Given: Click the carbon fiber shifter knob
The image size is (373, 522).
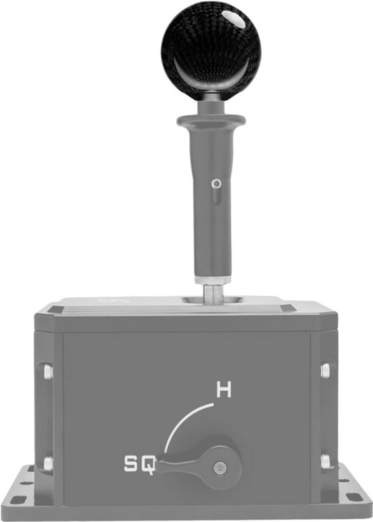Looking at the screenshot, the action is coord(211,47).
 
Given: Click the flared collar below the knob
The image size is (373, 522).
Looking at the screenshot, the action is coord(212,120).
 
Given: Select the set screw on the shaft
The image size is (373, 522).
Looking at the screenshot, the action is coord(216,183).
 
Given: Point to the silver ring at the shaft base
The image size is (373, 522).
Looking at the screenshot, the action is coord(212,280).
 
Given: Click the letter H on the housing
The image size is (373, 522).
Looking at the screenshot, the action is coord(224,389).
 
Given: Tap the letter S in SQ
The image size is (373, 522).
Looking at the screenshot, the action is coord(131,464).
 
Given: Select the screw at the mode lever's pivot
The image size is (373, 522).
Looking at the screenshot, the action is coord(219,467).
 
